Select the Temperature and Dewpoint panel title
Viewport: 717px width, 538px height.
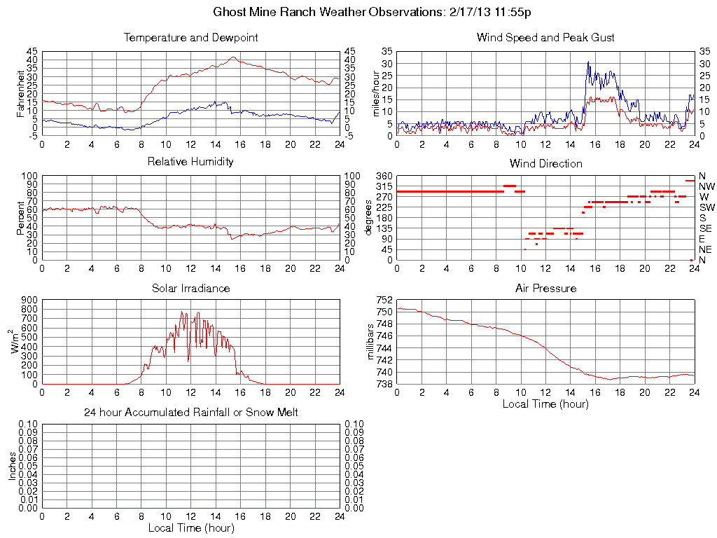[x=190, y=37]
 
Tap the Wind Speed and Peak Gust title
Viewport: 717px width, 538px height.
[x=545, y=37]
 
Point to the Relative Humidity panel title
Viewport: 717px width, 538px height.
[x=190, y=162]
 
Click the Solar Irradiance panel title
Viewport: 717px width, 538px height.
[x=190, y=288]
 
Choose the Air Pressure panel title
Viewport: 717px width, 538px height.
[x=545, y=288]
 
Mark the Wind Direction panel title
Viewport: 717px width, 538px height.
[x=545, y=163]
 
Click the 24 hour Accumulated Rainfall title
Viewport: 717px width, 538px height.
[x=190, y=413]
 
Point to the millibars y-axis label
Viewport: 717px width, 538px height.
[x=371, y=341]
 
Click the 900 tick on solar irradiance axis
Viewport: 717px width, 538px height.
[x=29, y=299]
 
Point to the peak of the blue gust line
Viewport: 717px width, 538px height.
[x=588, y=62]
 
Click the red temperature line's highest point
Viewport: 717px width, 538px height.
[x=234, y=57]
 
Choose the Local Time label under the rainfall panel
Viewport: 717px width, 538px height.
[x=190, y=527]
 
